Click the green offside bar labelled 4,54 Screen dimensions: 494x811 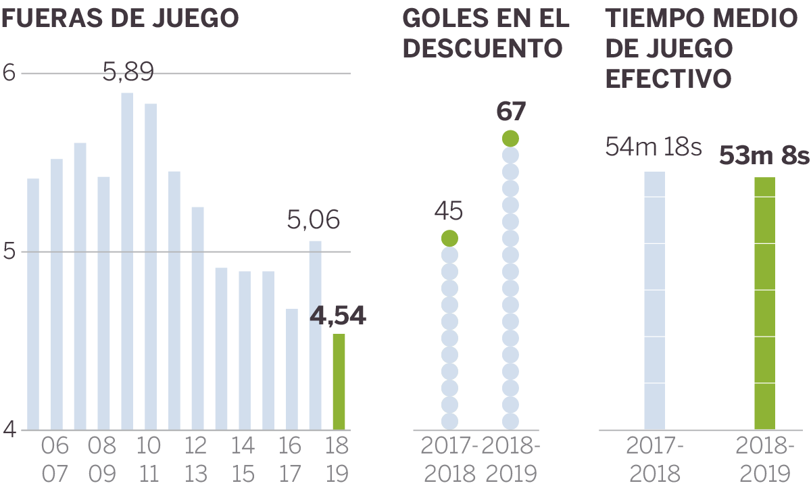click(339, 382)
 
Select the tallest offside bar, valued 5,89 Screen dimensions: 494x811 click(127, 261)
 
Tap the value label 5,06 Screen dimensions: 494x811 click(314, 220)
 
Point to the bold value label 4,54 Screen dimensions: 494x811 click(338, 316)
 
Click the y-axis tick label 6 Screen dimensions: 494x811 click(9, 72)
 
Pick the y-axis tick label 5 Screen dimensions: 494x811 click(9, 251)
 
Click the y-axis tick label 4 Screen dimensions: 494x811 click(9, 430)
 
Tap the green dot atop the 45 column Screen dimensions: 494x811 click(449, 239)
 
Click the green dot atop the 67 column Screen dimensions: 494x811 click(510, 139)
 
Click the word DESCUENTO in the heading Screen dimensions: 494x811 click(483, 48)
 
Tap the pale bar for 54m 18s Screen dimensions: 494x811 click(654, 300)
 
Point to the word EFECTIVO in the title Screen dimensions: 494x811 click(668, 78)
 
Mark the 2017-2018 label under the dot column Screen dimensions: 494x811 click(449, 460)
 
